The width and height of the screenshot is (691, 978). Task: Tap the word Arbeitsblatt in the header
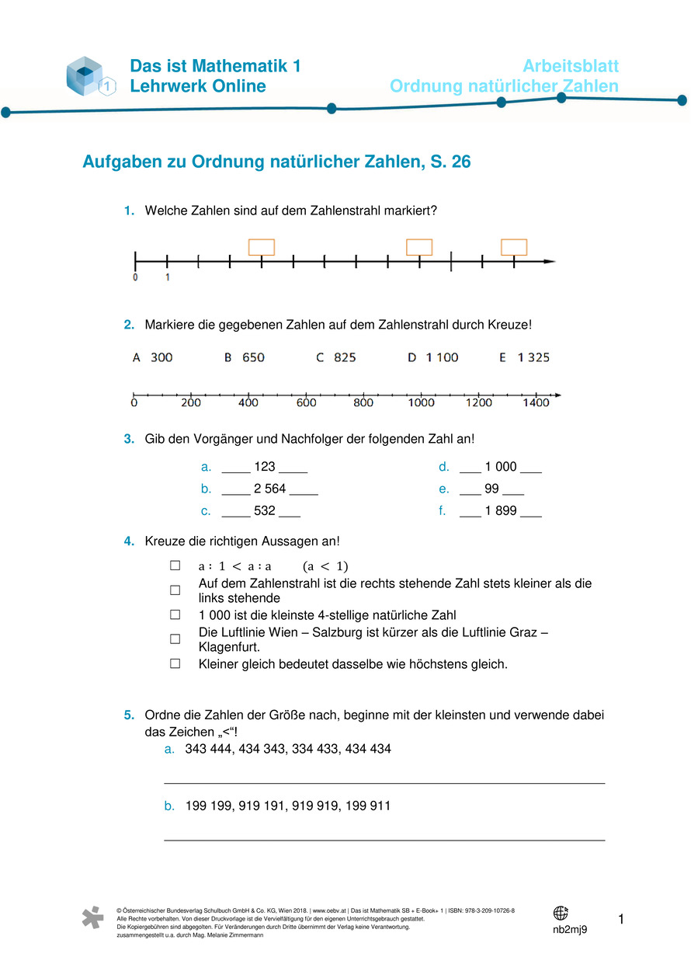pos(571,66)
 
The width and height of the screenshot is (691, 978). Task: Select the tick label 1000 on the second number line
pos(421,402)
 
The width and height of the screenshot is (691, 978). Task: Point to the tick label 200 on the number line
pos(190,402)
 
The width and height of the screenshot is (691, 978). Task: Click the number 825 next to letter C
pos(345,357)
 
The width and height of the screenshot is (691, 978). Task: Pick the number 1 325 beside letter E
pos(533,357)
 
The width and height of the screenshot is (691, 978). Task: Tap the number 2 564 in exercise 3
pos(270,489)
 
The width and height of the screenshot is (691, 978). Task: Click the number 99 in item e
pos(492,489)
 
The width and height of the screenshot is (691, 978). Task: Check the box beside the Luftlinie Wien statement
pos(175,639)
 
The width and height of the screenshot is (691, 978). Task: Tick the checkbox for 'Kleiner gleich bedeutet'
pos(175,664)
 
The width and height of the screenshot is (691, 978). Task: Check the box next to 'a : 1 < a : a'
pos(175,566)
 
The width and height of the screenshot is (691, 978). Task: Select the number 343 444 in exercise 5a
pos(207,749)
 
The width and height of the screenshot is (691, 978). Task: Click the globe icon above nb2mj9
pos(561,913)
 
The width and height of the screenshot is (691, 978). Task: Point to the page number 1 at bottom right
pos(620,921)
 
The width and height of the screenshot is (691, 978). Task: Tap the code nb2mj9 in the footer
pos(569,930)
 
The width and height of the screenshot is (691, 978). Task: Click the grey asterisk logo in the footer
pos(92,917)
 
